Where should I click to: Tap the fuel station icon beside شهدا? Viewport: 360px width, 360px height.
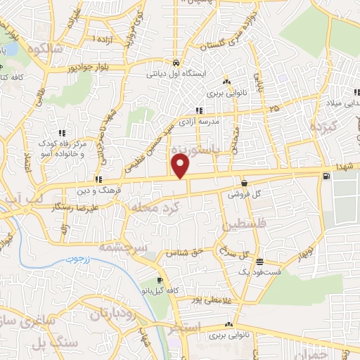[326, 176]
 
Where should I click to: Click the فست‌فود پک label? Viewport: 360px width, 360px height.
[261, 271]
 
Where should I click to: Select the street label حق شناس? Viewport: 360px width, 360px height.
[184, 252]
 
